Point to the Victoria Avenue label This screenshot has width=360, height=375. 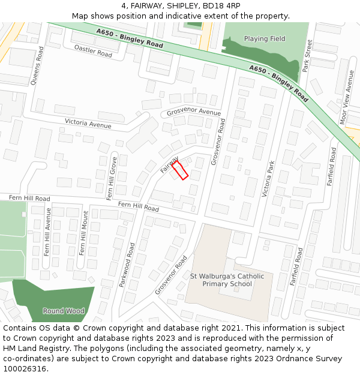[88, 123]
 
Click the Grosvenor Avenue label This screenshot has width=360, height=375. [194, 112]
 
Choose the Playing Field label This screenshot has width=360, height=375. [265, 39]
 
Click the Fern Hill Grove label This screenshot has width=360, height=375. [111, 178]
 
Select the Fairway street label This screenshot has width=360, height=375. [169, 164]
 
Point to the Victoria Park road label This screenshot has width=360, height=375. [268, 179]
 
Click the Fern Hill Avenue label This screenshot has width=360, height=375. [47, 231]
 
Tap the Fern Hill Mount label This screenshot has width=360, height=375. [83, 233]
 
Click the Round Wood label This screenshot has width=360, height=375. [63, 311]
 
